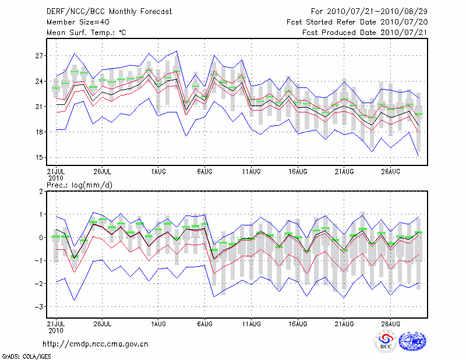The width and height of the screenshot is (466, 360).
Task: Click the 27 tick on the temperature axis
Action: pyautogui.click(x=40, y=56)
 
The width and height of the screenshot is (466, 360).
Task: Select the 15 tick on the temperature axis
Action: pyautogui.click(x=40, y=157)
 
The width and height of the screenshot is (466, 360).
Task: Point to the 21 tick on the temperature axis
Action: pyautogui.click(x=40, y=107)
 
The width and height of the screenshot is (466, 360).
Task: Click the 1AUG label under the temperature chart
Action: pyautogui.click(x=158, y=172)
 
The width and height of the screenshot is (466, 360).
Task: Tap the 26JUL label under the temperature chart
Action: pyautogui.click(x=102, y=172)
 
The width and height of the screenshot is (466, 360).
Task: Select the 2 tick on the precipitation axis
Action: pyautogui.click(x=41, y=191)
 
